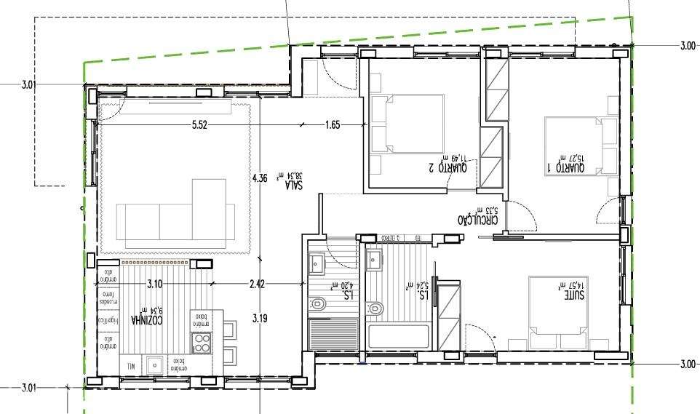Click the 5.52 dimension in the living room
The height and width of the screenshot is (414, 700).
[200, 125]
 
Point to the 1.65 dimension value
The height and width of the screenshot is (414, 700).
[333, 125]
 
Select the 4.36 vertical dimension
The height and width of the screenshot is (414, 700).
[260, 178]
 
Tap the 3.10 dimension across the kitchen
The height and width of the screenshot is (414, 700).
[154, 284]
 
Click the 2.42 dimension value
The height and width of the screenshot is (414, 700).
[257, 284]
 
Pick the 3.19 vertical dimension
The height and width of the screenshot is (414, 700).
[260, 318]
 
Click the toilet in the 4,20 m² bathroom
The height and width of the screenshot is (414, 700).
[317, 303]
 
